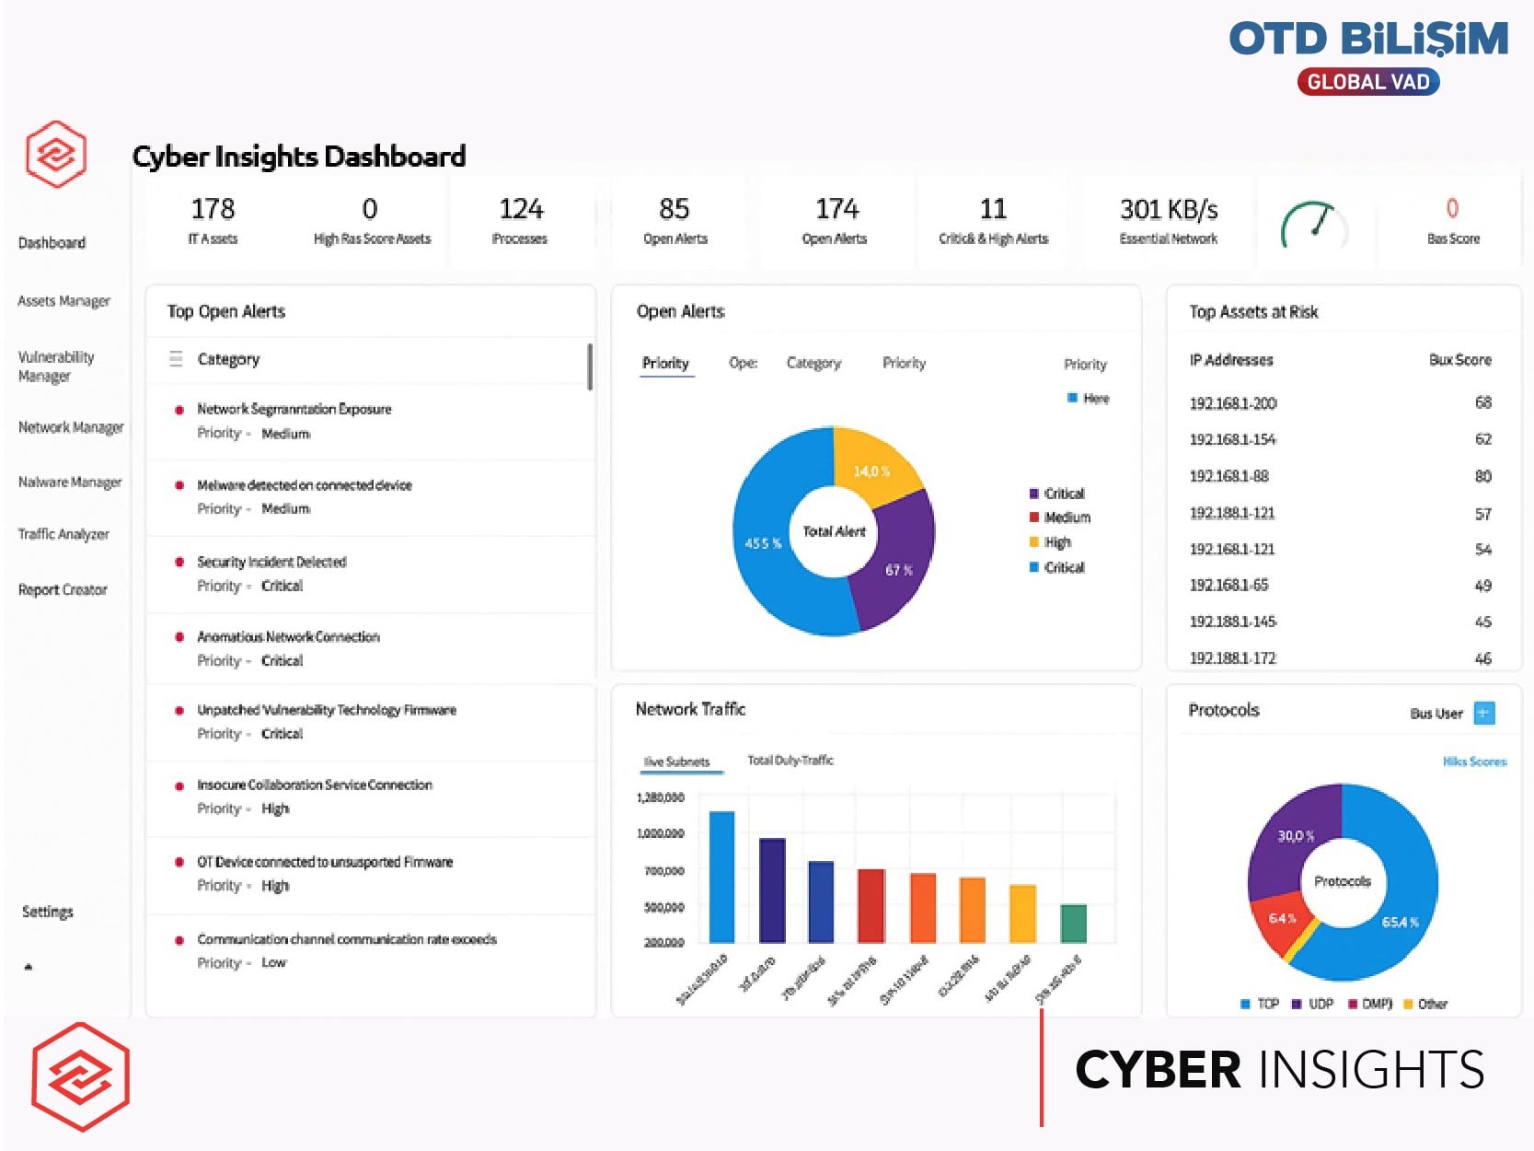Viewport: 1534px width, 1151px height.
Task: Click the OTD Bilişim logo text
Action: point(1367,40)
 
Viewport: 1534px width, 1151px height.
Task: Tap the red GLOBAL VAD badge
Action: point(1367,82)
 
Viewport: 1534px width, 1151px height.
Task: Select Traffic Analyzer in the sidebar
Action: point(63,534)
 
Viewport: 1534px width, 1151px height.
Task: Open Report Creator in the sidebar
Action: point(63,589)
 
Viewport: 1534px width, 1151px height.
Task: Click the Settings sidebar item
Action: point(48,912)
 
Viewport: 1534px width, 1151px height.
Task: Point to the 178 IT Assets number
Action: point(213,209)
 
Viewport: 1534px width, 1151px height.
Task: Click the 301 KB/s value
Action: point(1168,210)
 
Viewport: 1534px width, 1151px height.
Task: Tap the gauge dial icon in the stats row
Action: point(1313,224)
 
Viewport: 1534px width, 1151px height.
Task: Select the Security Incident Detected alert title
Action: point(271,562)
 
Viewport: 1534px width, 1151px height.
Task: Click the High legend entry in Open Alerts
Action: point(1057,542)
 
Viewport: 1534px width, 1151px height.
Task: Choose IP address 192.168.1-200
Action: point(1232,403)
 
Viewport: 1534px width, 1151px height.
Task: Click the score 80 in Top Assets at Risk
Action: point(1482,476)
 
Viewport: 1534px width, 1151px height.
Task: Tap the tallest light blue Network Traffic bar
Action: point(722,875)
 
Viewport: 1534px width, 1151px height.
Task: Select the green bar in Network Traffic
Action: point(1073,923)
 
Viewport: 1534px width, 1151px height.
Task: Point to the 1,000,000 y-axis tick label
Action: point(660,833)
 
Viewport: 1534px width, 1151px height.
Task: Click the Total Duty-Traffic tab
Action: point(790,761)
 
